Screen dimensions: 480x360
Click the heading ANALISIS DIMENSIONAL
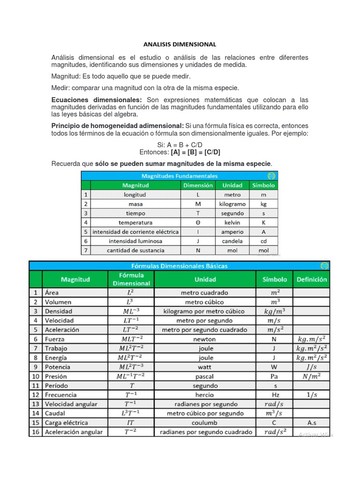pyautogui.click(x=180, y=45)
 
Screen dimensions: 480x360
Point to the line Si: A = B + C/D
pyautogui.click(x=180, y=145)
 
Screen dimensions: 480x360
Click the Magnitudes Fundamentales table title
pyautogui.click(x=180, y=176)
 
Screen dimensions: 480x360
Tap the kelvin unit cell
pyautogui.click(x=232, y=222)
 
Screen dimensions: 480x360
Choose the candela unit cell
pyautogui.click(x=232, y=241)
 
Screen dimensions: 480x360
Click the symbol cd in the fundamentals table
pyautogui.click(x=263, y=241)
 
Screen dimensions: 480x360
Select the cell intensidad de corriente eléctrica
pyautogui.click(x=135, y=232)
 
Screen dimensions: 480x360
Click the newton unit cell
pyautogui.click(x=205, y=339)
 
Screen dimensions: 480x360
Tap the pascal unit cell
pyautogui.click(x=205, y=376)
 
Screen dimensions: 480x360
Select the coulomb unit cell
pyautogui.click(x=205, y=423)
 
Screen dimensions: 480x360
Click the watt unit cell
pyautogui.click(x=205, y=367)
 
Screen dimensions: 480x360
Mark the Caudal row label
pyautogui.click(x=55, y=413)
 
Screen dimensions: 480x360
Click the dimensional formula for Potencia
pyautogui.click(x=131, y=367)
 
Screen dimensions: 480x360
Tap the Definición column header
pyautogui.click(x=312, y=279)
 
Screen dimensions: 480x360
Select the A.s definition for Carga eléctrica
pyautogui.click(x=312, y=423)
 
